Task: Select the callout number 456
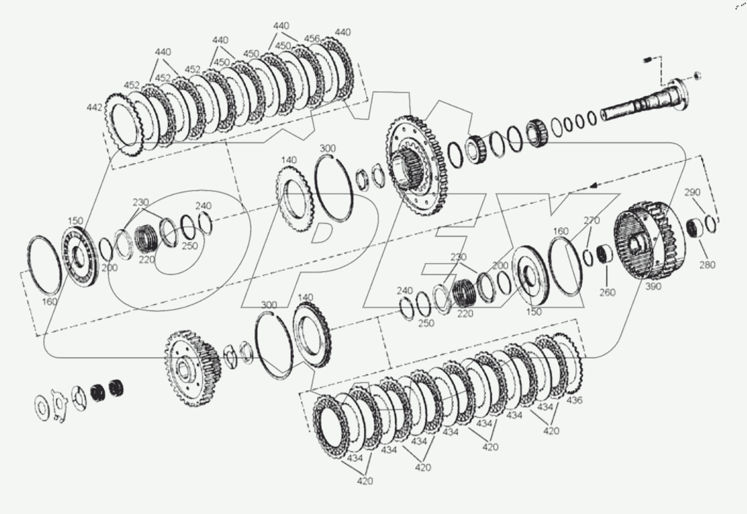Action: pyautogui.click(x=312, y=38)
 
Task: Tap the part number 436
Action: pyautogui.click(x=574, y=400)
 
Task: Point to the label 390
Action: pyautogui.click(x=653, y=286)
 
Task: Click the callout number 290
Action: pyautogui.click(x=692, y=192)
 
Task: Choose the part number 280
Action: pyautogui.click(x=707, y=265)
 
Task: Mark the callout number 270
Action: pyautogui.click(x=592, y=220)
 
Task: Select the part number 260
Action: pyautogui.click(x=607, y=292)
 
